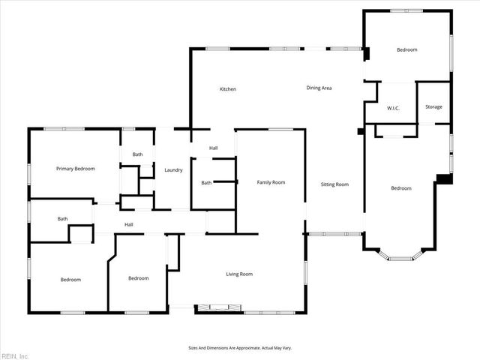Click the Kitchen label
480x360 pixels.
coord(227,89)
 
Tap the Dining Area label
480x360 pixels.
coord(319,88)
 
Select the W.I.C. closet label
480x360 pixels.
coord(393,108)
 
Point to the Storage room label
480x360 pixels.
coord(433,106)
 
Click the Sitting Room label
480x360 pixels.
coord(334,184)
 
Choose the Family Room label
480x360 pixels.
coord(271,182)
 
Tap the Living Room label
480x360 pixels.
coord(239,274)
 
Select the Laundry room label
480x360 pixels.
coord(174,170)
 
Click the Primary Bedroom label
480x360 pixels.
coord(76,169)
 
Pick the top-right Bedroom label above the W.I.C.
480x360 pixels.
coord(406,49)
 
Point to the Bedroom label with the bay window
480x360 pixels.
coord(401,188)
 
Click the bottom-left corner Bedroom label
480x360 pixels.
coord(70,280)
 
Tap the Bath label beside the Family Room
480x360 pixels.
coord(206,183)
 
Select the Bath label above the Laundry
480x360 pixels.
coord(137,154)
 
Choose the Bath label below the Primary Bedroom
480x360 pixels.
coord(62,219)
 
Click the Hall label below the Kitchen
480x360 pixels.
coord(214,148)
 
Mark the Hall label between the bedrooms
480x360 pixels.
coord(129,224)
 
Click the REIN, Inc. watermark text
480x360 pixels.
coord(14,355)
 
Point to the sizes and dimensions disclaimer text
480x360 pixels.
coord(239,348)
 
